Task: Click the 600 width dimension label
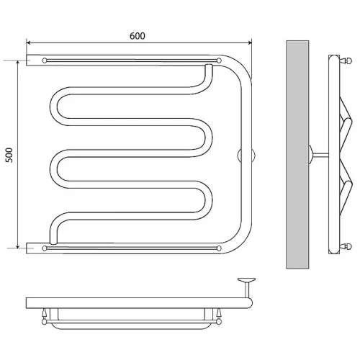coord(138,36)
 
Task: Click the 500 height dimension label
coord(9,156)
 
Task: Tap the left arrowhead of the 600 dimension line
coord(28,42)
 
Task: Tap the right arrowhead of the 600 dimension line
coord(250,42)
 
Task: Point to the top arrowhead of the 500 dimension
coord(17,63)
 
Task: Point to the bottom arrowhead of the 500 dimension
coord(17,246)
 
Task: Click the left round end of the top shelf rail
coord(45,60)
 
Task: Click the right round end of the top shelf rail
coord(219,60)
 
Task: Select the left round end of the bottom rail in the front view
coord(45,248)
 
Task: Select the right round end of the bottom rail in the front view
coord(219,248)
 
